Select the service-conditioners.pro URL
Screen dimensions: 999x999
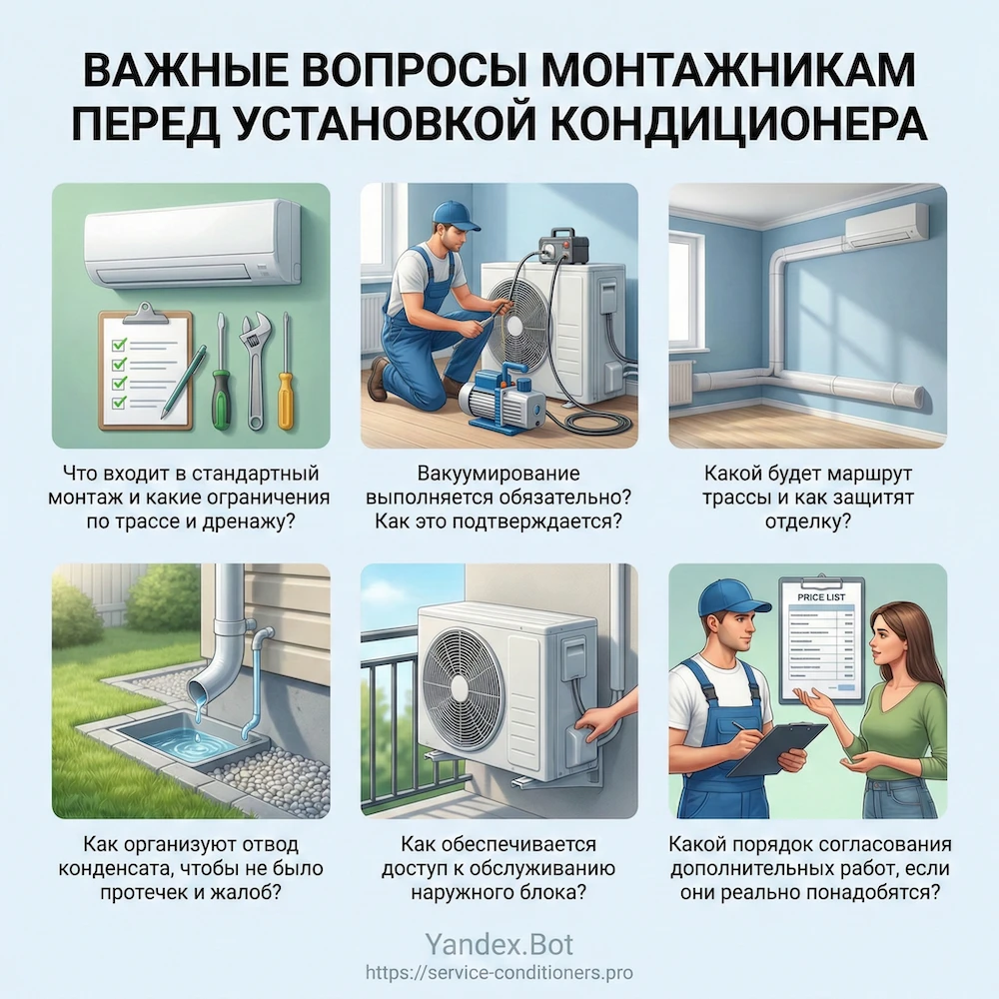(499, 972)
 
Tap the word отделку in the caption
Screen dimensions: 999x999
(806, 519)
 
